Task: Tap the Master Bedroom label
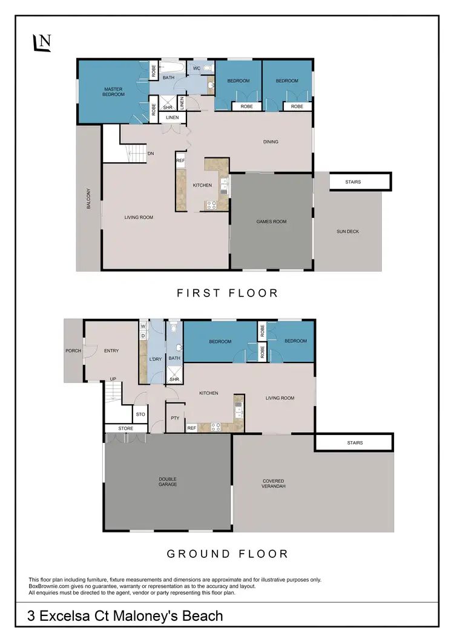(113, 91)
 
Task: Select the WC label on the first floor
(197, 68)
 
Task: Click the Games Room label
(271, 221)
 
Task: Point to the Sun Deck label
(348, 231)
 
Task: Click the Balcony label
(88, 199)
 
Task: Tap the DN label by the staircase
(151, 154)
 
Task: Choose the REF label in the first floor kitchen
(180, 160)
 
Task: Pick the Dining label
(271, 142)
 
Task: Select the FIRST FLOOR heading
(227, 293)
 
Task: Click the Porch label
(74, 351)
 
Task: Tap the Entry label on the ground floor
(111, 351)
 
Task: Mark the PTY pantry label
(175, 418)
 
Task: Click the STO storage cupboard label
(140, 415)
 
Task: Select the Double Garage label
(168, 482)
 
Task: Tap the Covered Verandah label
(274, 484)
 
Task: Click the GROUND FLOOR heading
(227, 554)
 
